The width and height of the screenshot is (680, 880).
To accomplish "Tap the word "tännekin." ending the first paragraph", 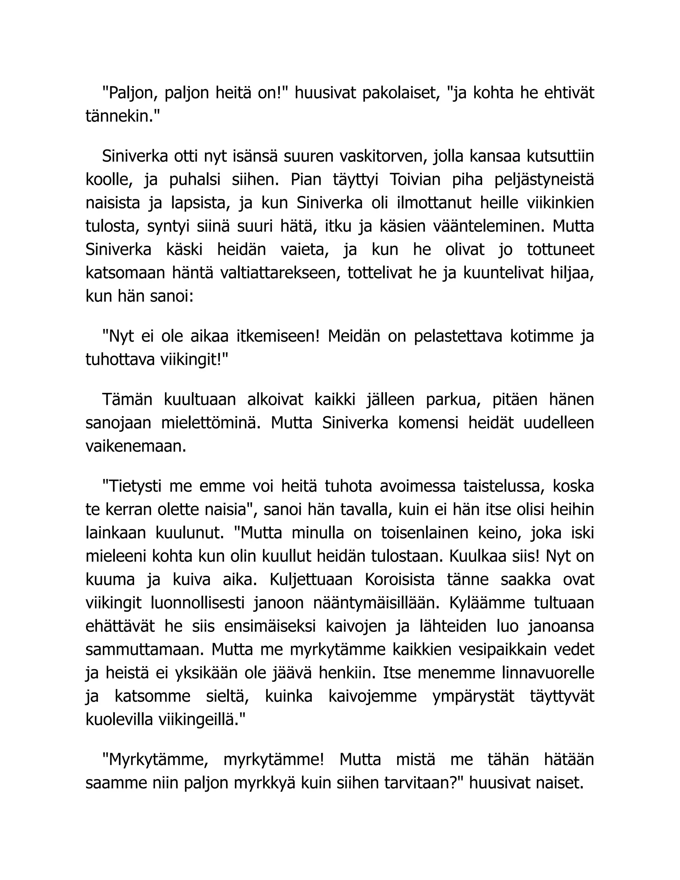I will click(123, 117).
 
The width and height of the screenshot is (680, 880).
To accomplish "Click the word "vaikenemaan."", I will click(136, 446).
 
